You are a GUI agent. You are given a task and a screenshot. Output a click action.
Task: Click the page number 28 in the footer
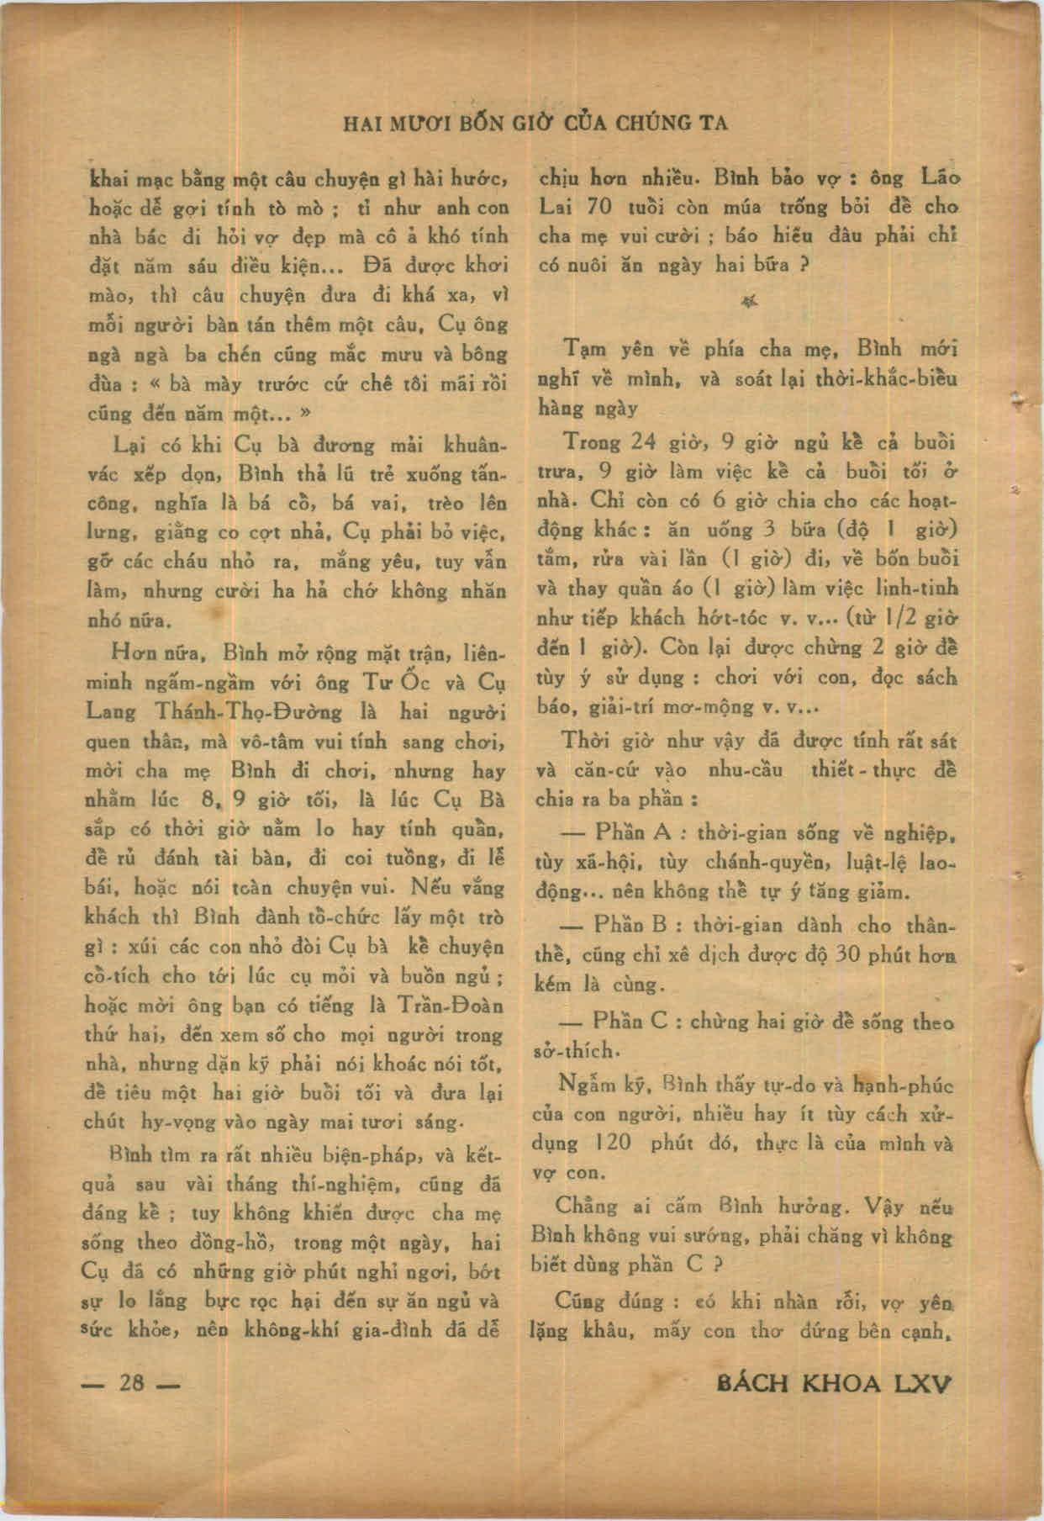point(133,1382)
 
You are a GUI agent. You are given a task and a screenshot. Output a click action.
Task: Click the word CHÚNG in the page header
point(654,124)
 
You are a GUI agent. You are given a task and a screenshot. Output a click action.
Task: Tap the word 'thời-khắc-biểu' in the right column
point(886,379)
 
